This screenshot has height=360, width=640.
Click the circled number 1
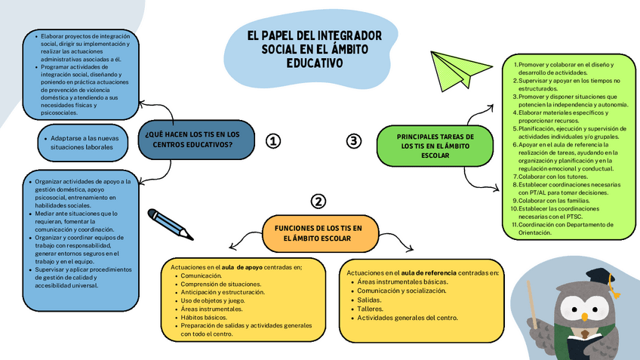[x=273, y=141]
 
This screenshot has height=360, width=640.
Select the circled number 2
[x=318, y=201]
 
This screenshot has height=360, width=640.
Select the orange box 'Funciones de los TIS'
[x=318, y=232]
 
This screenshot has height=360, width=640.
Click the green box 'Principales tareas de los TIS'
[x=435, y=146]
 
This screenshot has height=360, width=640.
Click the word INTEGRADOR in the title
[x=349, y=36]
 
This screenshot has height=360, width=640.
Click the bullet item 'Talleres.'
[x=371, y=309]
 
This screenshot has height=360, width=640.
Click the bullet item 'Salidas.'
[x=369, y=300]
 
